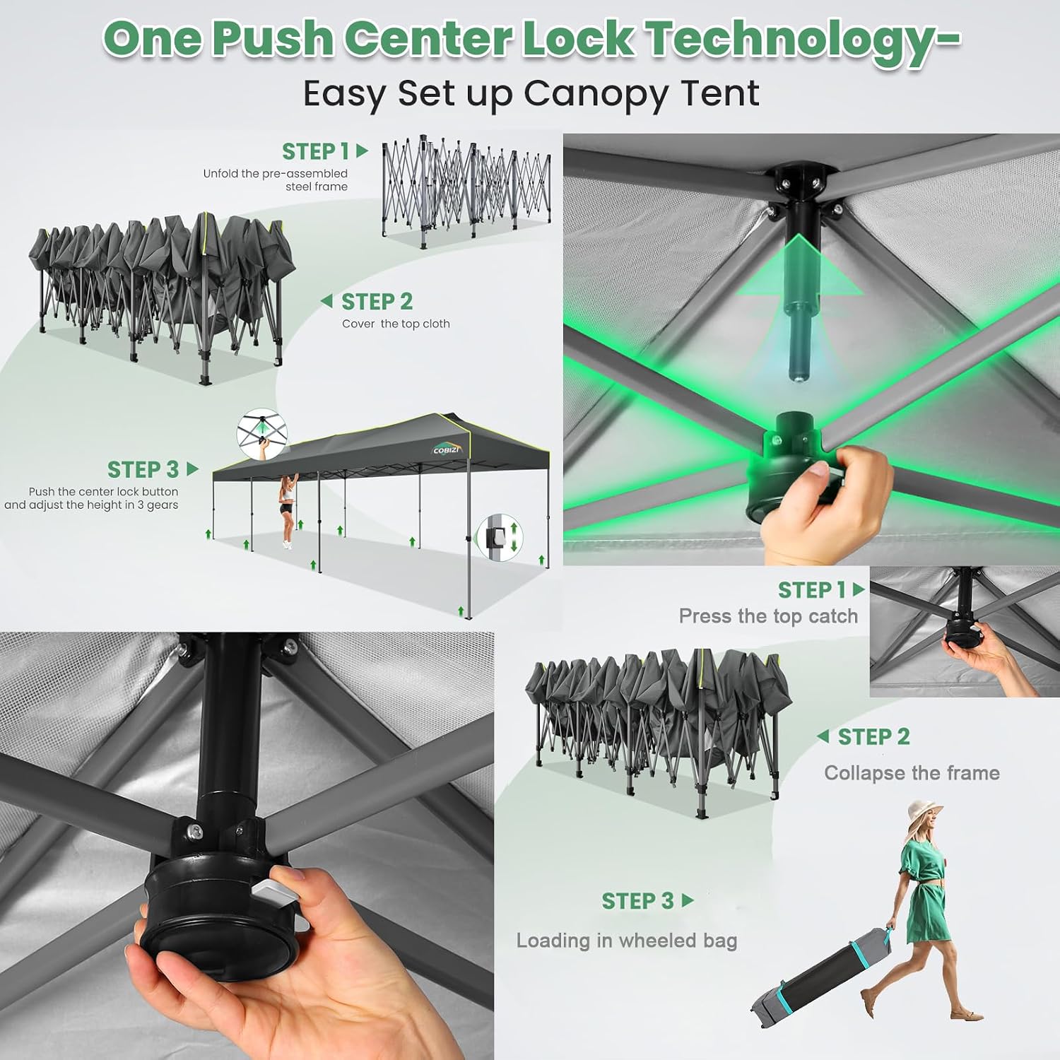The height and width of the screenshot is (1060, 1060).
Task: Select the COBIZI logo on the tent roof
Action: pos(446,449)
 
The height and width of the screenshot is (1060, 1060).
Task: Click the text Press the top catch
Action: pos(768,616)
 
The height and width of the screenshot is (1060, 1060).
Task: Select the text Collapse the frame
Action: pos(912,773)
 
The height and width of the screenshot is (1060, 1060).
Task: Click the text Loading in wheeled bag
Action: pos(627,941)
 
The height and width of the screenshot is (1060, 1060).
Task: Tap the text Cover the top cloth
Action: pos(396,324)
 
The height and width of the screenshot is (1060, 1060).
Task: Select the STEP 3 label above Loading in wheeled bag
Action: pos(647,901)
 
